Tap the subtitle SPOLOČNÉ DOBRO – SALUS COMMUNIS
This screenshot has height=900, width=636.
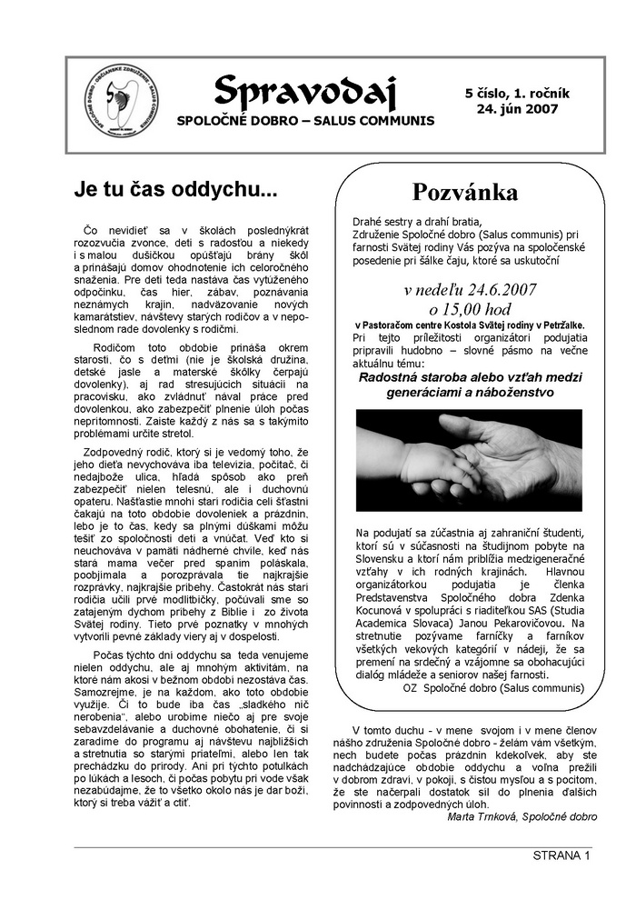point(305,121)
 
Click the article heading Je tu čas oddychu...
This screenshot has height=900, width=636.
point(175,191)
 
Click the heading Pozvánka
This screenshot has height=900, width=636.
point(465,192)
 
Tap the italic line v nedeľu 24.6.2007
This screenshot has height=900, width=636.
point(469,291)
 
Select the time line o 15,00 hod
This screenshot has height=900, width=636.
point(468,310)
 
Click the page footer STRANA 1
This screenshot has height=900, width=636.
point(561,855)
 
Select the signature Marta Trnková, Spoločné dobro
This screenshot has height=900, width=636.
point(522,816)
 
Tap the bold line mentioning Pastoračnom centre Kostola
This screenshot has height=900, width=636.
point(469,325)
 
